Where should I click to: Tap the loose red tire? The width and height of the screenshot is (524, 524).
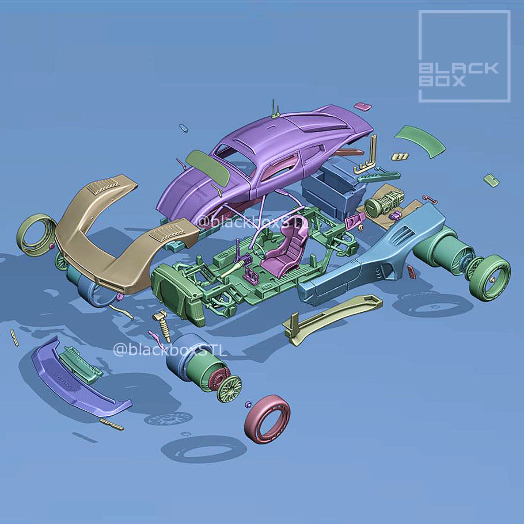coord(267,418)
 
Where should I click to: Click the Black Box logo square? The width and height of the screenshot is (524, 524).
coord(464,57)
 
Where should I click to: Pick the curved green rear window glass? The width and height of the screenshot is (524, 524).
coord(420,140)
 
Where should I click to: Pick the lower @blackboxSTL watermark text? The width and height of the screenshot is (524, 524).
coord(170,350)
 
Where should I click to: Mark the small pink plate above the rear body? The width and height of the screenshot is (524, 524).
coord(363,106)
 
